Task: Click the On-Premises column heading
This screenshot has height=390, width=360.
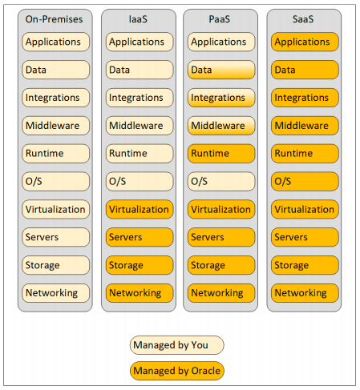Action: click(x=54, y=19)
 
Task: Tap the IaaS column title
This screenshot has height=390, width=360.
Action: click(x=138, y=19)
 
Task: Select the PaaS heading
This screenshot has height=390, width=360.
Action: click(x=220, y=19)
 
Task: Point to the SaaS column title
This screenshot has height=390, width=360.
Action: click(x=303, y=19)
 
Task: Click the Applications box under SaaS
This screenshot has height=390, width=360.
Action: click(x=305, y=42)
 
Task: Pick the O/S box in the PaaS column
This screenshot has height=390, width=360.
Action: click(x=221, y=182)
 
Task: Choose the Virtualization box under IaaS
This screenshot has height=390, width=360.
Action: click(x=140, y=209)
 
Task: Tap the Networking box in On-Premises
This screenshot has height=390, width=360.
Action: click(x=56, y=293)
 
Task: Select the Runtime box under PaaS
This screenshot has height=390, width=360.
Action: click(x=221, y=154)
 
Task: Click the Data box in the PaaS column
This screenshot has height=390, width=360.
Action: click(x=221, y=70)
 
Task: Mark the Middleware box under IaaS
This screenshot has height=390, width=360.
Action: click(x=140, y=126)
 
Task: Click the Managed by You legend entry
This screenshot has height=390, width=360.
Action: click(x=177, y=345)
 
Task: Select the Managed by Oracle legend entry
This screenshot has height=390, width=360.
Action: click(x=177, y=371)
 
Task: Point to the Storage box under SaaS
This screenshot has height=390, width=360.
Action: click(x=305, y=265)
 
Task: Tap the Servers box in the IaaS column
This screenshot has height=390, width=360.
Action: click(x=140, y=237)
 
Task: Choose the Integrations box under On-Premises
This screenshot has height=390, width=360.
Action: click(x=56, y=98)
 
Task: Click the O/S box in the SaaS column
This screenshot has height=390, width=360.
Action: click(x=305, y=182)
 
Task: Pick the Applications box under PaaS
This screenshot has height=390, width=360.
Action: click(x=221, y=42)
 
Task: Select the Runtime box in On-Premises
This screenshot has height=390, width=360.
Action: click(x=56, y=154)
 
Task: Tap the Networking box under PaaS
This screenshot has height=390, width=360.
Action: click(x=221, y=293)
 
